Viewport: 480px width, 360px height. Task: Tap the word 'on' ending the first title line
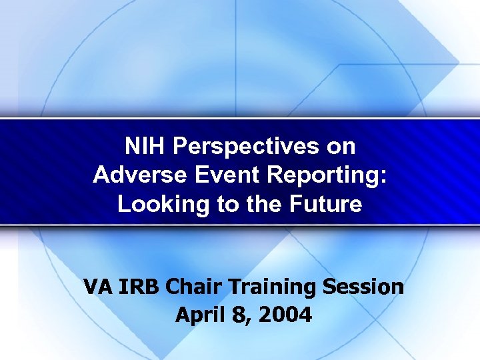coord(341,147)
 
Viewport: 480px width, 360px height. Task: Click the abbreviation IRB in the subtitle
coord(140,287)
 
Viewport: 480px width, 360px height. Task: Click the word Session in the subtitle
coord(363,287)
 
